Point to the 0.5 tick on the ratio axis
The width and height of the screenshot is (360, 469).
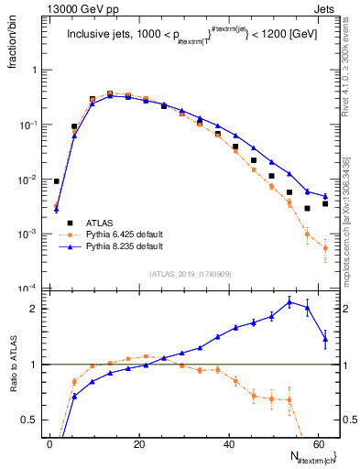click(29, 420)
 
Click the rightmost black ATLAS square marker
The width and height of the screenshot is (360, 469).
click(324, 203)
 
